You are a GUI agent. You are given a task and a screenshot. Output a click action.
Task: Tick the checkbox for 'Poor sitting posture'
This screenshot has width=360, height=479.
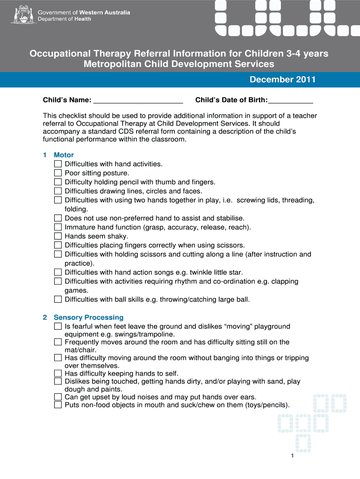point(58,173)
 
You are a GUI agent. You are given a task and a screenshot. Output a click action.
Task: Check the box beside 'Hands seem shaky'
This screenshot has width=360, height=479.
point(58,236)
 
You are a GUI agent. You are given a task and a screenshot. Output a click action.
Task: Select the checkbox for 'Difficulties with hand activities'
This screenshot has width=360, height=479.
point(58,164)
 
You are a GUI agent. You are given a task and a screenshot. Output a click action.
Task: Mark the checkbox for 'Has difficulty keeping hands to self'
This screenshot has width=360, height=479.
point(58,373)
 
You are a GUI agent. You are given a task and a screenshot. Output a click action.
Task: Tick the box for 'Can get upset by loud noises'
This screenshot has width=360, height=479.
point(58,397)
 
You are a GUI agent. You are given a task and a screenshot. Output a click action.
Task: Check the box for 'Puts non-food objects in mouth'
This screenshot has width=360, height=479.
point(58,405)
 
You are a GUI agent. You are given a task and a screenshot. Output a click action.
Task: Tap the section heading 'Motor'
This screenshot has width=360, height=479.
point(64,155)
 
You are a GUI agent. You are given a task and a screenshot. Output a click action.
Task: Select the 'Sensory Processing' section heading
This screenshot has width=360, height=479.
point(88,317)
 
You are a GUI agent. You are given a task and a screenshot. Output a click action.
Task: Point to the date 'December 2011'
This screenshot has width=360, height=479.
point(282,80)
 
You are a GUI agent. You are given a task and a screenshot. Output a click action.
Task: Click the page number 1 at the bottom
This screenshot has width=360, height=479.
point(292,456)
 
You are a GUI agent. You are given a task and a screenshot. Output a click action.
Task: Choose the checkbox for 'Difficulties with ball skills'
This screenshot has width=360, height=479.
point(58,299)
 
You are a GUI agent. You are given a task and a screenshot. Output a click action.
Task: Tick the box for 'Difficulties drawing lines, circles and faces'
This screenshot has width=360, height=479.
point(58,191)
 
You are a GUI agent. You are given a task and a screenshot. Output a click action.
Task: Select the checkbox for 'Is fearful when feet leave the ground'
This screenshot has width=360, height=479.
point(58,326)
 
